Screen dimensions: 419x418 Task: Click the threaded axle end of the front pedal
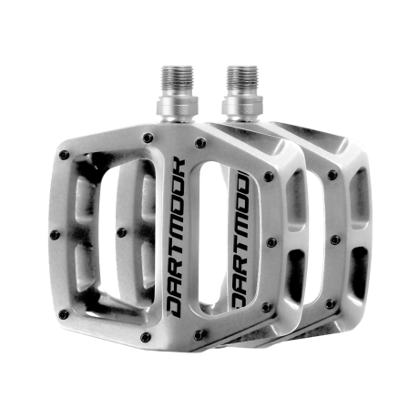click(x=178, y=81)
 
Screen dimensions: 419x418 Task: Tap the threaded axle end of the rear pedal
click(x=242, y=81)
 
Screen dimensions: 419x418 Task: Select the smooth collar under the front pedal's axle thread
click(x=178, y=107)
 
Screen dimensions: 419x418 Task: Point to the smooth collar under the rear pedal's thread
click(x=242, y=107)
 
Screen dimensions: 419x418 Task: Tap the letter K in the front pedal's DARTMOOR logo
click(x=177, y=167)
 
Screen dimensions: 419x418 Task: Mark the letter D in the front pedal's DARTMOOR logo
click(x=175, y=309)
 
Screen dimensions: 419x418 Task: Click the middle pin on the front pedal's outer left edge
click(x=55, y=235)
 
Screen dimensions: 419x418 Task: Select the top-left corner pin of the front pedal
click(x=64, y=155)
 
